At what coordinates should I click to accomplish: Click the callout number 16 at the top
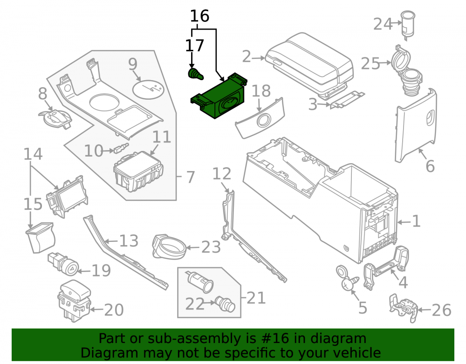199,16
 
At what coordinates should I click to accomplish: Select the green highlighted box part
219,96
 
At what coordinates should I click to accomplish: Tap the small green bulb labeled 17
196,74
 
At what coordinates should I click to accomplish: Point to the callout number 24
383,24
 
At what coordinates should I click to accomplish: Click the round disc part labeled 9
148,89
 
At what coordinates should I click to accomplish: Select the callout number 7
190,177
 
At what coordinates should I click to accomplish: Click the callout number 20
114,310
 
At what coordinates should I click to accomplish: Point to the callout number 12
222,174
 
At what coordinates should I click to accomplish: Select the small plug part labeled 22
225,304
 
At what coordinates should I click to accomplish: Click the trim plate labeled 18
260,118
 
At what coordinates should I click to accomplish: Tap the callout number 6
430,166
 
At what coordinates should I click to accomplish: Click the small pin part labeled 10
122,148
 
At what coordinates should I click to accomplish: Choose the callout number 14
33,154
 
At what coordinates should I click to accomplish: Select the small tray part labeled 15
40,238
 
